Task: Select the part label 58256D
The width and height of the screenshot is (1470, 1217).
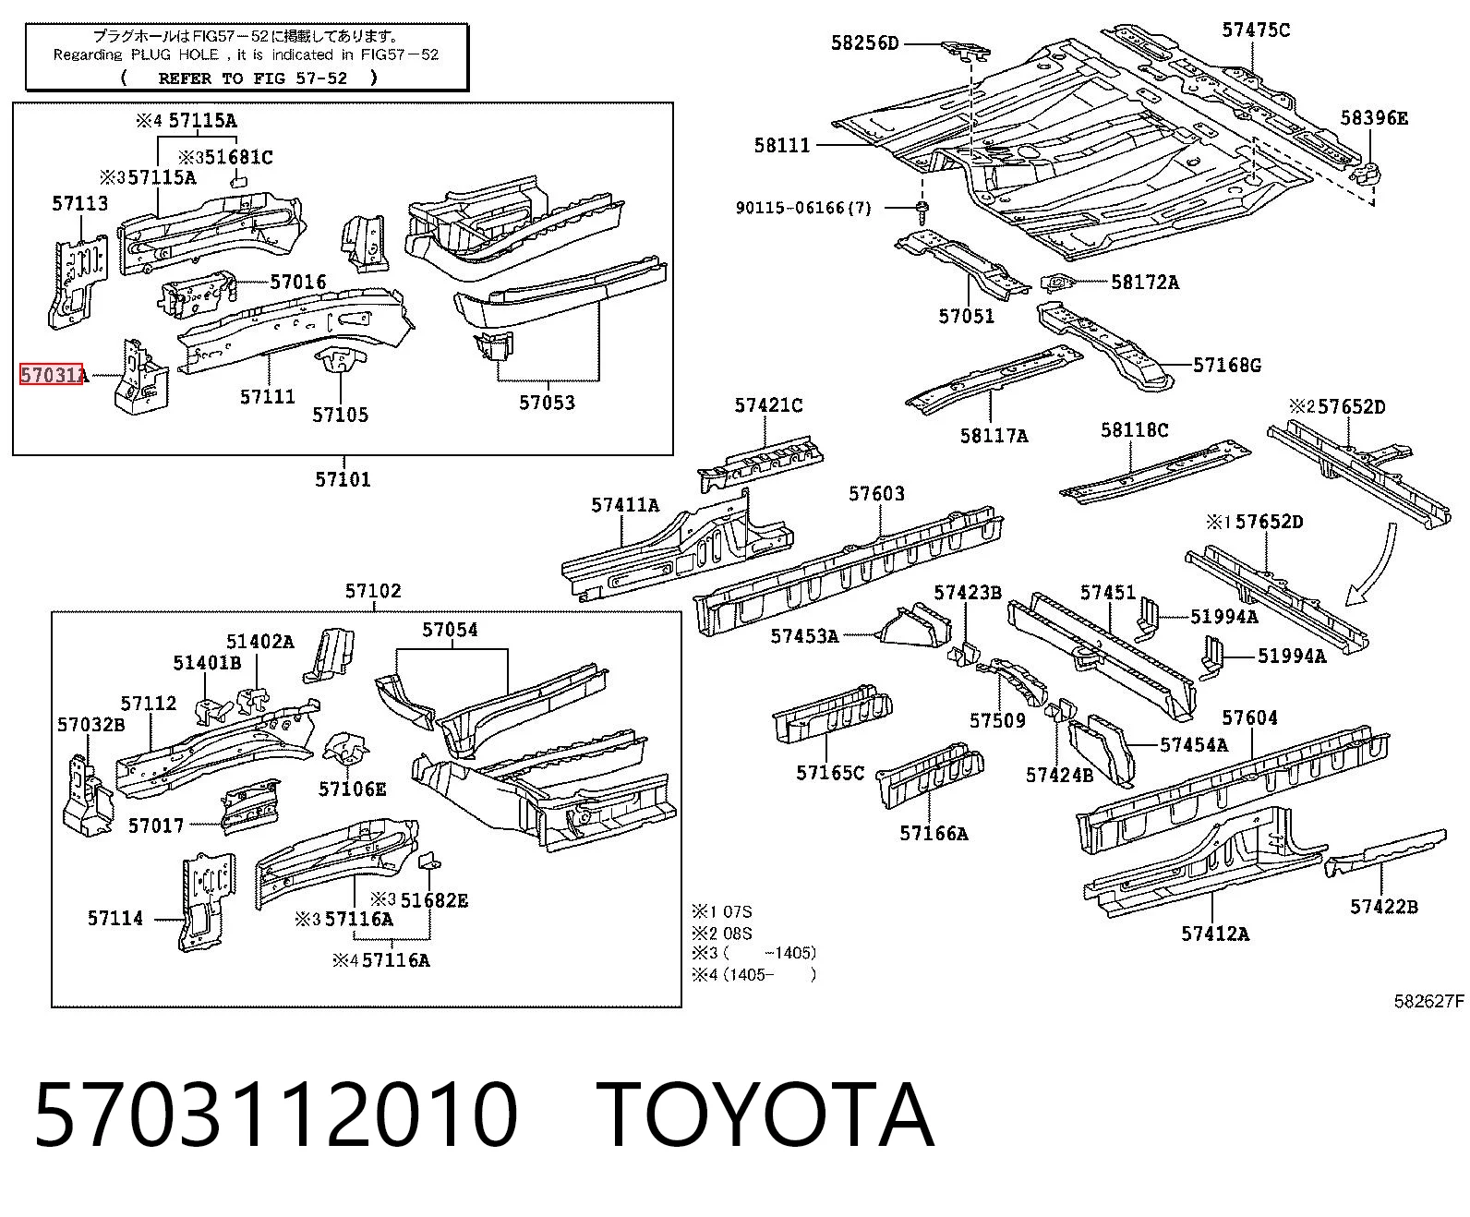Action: click(864, 43)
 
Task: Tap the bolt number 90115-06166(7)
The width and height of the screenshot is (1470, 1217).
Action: click(803, 208)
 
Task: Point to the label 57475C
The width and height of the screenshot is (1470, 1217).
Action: click(1255, 30)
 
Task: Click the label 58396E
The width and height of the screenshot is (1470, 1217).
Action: click(1374, 118)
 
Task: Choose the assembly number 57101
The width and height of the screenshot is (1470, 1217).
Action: click(343, 479)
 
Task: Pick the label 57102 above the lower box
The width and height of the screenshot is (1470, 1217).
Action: click(373, 591)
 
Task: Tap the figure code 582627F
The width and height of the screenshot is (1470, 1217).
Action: click(1429, 1002)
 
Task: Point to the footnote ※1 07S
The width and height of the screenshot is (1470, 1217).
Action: click(722, 912)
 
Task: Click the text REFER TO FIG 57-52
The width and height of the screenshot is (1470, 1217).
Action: click(253, 78)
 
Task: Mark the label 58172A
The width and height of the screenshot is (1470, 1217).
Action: click(1145, 283)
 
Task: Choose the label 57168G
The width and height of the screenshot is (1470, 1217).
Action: click(1227, 366)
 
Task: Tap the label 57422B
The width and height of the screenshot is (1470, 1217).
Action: click(1384, 907)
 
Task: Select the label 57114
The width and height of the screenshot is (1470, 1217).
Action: click(115, 919)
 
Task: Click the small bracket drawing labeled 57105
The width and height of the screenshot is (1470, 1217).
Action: click(341, 361)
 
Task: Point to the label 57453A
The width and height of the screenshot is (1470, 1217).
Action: click(804, 637)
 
